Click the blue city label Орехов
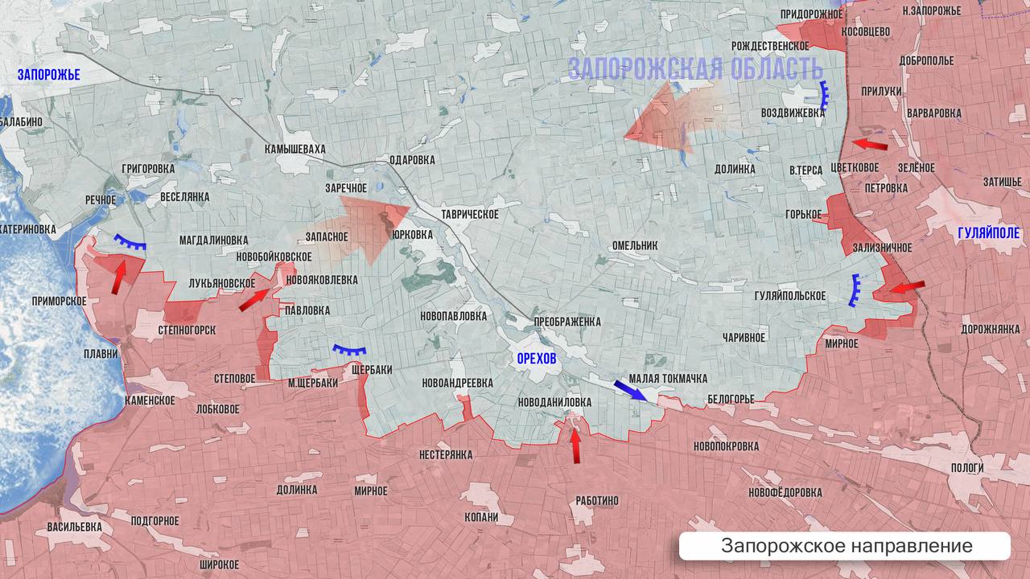[x=536, y=359]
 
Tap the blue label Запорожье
[x=49, y=75]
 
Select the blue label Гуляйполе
[x=988, y=234]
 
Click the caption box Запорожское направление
[x=846, y=546]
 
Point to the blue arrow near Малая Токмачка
[x=629, y=390]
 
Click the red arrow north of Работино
[x=575, y=446]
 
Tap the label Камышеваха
[x=295, y=149]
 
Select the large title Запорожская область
[x=695, y=68]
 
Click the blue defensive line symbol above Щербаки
[x=350, y=351]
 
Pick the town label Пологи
[x=966, y=467]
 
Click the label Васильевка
[x=75, y=526]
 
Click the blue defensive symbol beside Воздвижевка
[x=824, y=96]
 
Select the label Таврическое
[x=470, y=214]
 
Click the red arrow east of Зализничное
[x=907, y=287]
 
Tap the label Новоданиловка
[x=554, y=401]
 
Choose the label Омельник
[x=634, y=245]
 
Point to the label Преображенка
[x=567, y=322]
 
